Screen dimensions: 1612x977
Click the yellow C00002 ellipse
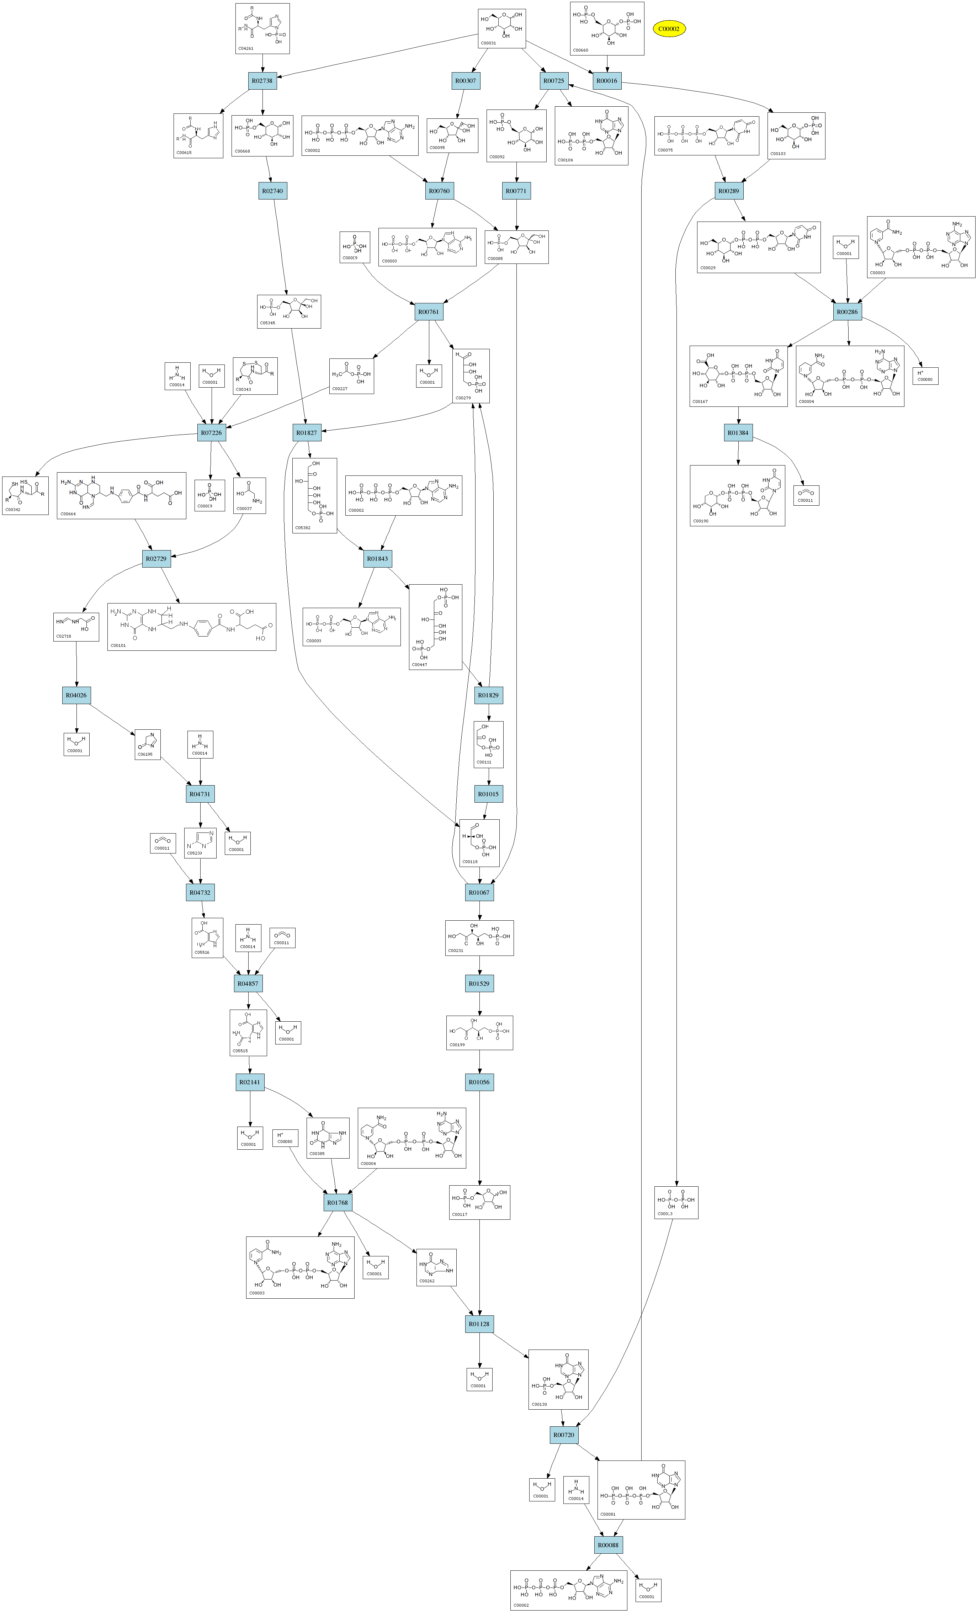coord(669,29)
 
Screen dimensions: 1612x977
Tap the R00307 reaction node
coord(465,81)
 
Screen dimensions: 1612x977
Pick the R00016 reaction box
coord(607,81)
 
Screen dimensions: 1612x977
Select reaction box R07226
coord(211,433)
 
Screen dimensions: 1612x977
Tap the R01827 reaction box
coord(306,433)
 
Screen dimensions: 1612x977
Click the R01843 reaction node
coord(378,559)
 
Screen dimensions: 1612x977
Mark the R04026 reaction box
coord(76,696)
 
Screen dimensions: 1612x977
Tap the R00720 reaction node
coord(563,1435)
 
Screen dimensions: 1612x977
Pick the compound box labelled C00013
coord(676,1202)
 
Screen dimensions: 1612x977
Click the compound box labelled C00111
coord(488,745)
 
